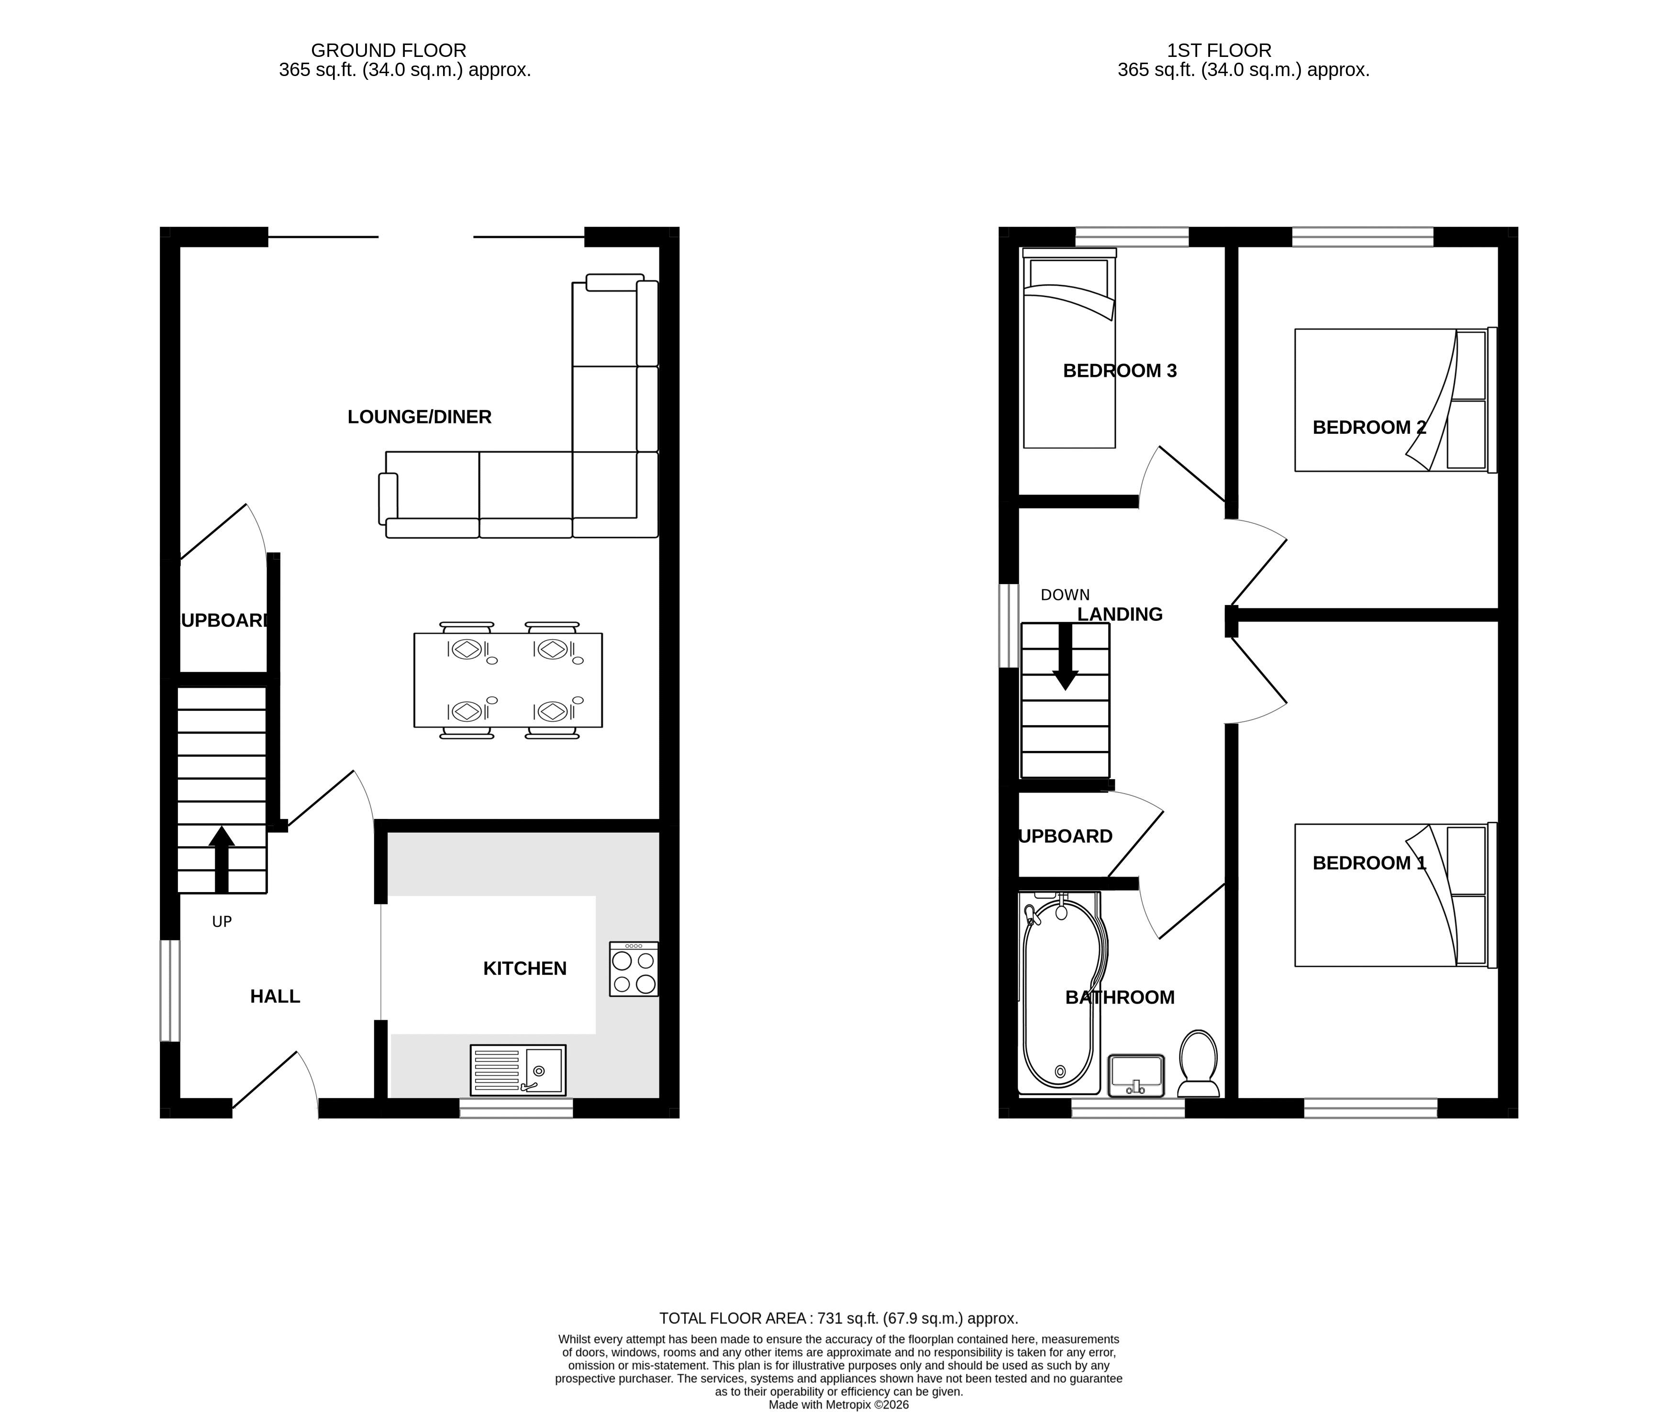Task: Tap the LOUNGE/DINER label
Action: tap(420, 416)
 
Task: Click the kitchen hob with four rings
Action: tap(633, 969)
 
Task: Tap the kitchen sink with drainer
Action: tap(518, 1070)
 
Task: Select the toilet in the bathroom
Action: tap(1199, 1063)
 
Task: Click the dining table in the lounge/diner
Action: tap(508, 680)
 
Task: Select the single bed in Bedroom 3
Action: tap(1069, 348)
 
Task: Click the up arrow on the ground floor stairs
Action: tap(222, 859)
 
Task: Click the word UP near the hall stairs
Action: tap(222, 922)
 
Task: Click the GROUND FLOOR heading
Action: tap(388, 50)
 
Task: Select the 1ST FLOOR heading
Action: tap(1219, 50)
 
